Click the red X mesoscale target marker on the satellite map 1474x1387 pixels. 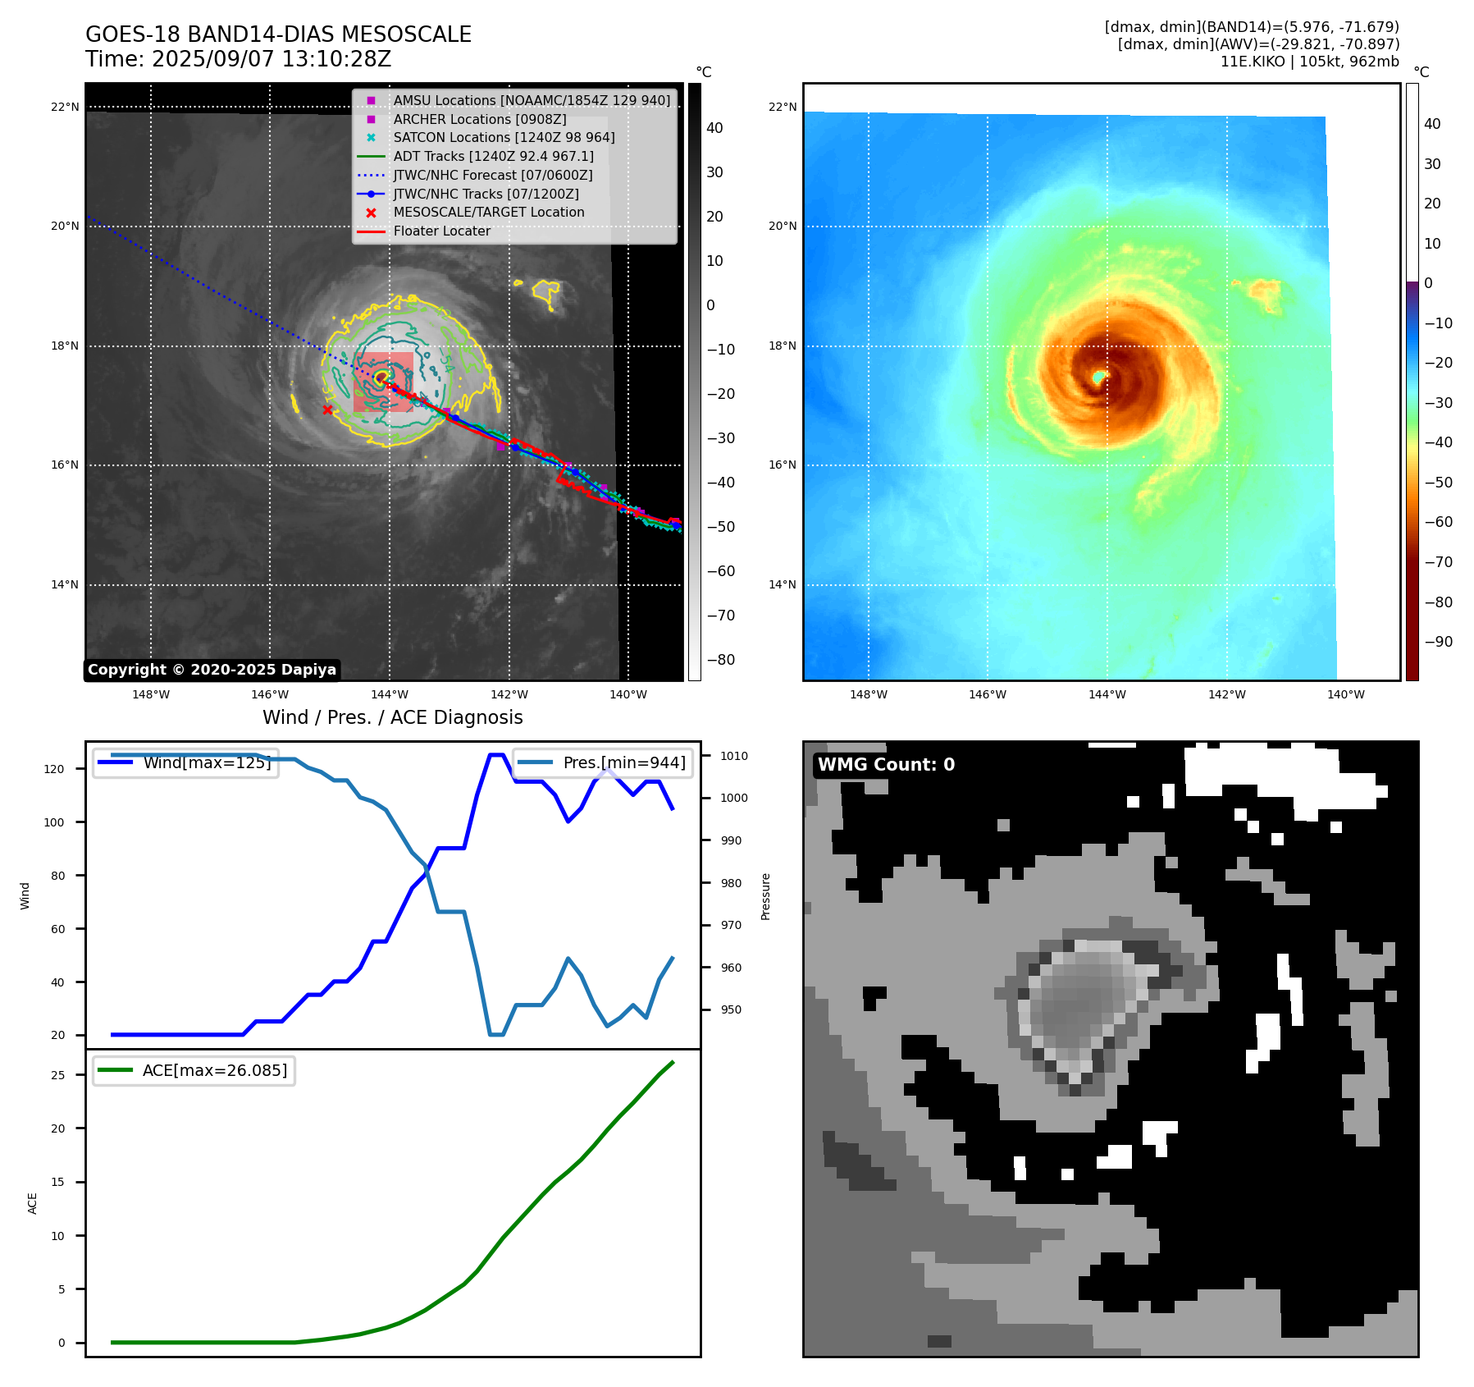click(327, 410)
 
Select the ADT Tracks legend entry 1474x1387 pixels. click(493, 156)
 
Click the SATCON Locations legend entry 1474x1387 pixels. click(504, 137)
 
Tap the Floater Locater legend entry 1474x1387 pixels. click(441, 231)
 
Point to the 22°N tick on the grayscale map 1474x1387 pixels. click(66, 107)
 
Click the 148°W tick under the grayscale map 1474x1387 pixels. click(151, 694)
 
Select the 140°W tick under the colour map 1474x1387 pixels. click(1346, 694)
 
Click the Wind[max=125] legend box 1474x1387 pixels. click(186, 762)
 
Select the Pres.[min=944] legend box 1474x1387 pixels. click(603, 762)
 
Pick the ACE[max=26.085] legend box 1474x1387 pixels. click(194, 1070)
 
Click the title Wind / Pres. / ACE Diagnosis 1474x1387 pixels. click(393, 717)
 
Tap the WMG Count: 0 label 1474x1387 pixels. click(886, 765)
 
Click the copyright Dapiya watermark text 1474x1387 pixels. click(212, 670)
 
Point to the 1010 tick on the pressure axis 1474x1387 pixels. click(734, 756)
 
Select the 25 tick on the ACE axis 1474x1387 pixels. click(57, 1075)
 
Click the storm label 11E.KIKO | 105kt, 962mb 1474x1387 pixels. click(1309, 62)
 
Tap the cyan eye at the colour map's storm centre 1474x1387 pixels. click(1099, 377)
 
